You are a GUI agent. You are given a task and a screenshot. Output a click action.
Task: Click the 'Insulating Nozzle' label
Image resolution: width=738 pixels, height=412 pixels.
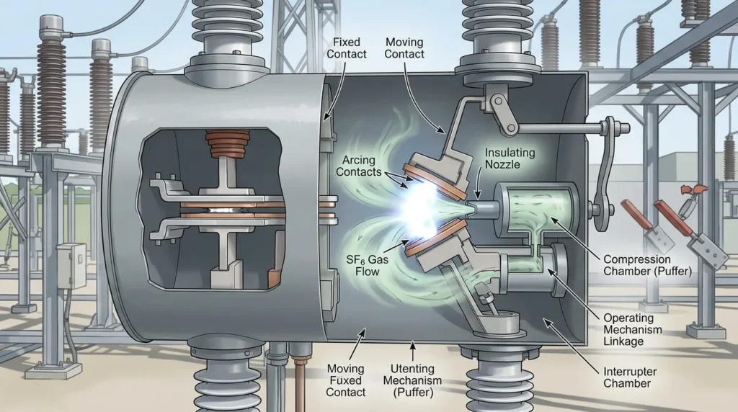[x=510, y=158]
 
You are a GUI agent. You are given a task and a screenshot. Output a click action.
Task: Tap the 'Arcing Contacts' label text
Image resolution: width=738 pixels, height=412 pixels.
[x=359, y=166]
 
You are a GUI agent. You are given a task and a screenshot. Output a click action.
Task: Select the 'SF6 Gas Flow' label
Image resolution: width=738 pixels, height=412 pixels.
[x=367, y=265]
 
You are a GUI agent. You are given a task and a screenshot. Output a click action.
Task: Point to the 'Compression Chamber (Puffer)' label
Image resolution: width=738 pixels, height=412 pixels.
[x=648, y=265]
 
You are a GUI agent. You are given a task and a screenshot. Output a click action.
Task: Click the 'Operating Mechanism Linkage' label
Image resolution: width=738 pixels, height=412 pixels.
[x=633, y=330]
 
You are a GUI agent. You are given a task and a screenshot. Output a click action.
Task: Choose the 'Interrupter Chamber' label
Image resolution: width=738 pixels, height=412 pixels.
[x=630, y=377]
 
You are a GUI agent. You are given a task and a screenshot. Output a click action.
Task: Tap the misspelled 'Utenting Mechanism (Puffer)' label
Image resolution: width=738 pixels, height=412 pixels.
[x=412, y=380]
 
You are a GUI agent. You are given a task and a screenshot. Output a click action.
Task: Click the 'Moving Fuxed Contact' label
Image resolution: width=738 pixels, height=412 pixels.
[x=345, y=380]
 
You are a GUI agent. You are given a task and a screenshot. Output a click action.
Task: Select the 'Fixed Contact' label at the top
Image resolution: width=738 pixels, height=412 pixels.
[x=347, y=48]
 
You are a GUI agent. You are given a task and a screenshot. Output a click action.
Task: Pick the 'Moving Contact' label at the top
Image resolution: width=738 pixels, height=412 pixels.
[x=404, y=48]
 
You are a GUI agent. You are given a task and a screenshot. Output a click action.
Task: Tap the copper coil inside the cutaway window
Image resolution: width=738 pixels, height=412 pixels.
[x=227, y=144]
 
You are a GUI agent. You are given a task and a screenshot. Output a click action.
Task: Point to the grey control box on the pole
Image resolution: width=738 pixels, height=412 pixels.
[x=71, y=266]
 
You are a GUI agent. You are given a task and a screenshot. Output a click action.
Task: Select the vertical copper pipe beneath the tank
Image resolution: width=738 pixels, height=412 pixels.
[x=297, y=376]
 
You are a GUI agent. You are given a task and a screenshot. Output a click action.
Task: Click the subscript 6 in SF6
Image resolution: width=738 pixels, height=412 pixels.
[x=364, y=261]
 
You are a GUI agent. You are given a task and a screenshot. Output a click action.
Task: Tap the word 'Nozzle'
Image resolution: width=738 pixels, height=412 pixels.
[x=502, y=165]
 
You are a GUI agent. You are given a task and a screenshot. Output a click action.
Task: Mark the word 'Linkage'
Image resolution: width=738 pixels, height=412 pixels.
[x=623, y=341]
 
